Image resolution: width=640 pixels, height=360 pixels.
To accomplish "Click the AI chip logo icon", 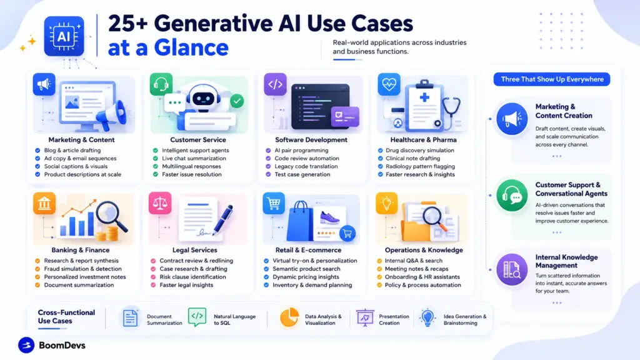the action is (x=64, y=36).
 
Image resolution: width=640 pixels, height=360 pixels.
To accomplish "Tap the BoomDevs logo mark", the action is (x=26, y=345).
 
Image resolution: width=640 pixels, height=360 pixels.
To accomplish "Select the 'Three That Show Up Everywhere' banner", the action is (x=552, y=79).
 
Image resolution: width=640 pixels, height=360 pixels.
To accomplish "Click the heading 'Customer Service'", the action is (x=198, y=139).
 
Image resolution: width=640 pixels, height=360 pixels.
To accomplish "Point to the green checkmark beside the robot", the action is (x=237, y=101).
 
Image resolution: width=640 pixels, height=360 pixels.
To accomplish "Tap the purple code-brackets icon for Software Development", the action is (x=275, y=84).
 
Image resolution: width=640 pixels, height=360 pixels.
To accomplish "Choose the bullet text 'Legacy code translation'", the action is (x=306, y=166).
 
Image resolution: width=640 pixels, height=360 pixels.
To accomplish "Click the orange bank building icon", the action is (x=44, y=203).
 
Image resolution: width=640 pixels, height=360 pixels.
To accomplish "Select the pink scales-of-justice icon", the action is (x=160, y=203).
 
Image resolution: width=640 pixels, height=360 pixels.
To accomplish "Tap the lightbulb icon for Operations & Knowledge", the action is (x=386, y=203).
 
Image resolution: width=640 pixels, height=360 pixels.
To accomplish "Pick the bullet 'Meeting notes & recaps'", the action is (x=416, y=269).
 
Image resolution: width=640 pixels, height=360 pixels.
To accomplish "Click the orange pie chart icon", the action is (x=289, y=317).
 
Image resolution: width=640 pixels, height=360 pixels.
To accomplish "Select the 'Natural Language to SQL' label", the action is (x=235, y=319).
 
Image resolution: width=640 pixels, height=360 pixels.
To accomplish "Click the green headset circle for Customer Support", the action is (x=512, y=196).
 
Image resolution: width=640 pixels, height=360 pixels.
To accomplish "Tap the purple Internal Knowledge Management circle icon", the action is (x=512, y=269).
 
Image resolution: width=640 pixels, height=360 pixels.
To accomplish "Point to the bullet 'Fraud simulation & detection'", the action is (x=83, y=269).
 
